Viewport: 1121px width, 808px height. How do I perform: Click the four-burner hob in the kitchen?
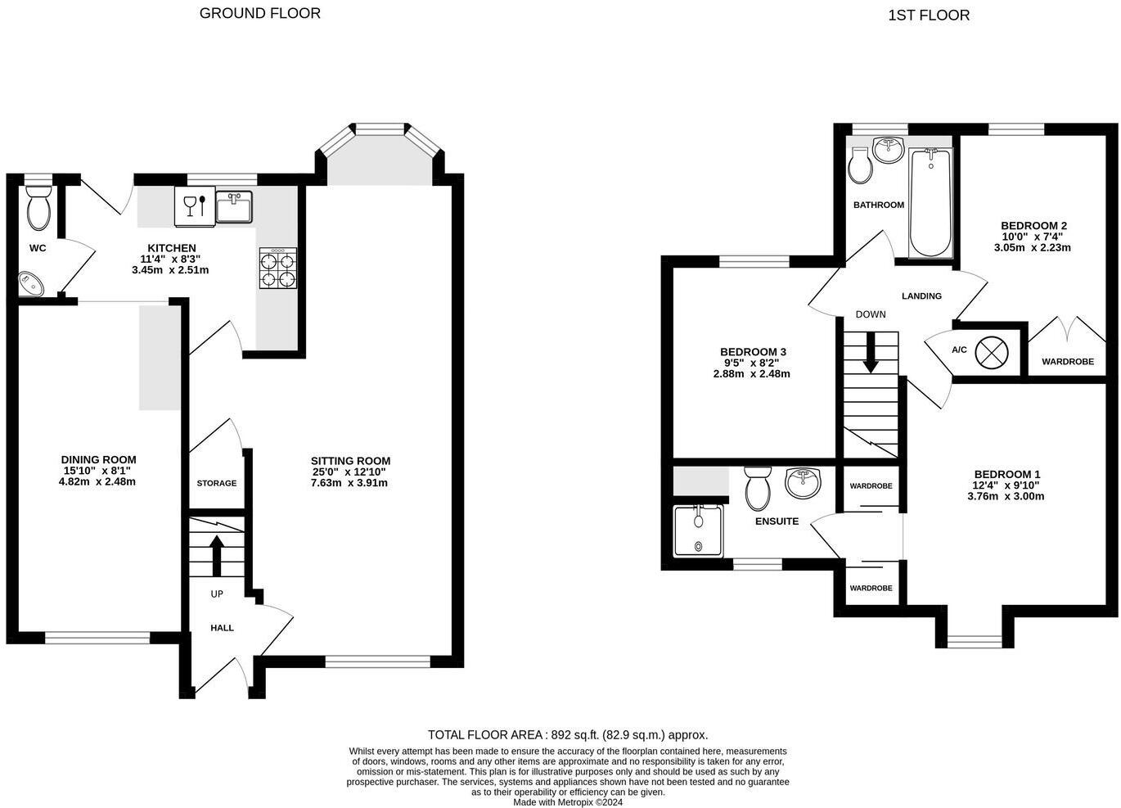point(277,268)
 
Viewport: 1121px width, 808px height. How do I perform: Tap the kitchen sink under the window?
point(234,206)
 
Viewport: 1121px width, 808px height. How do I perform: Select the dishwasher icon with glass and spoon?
point(195,206)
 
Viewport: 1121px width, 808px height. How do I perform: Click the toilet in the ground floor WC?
point(38,208)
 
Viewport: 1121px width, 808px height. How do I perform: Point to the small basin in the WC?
point(31,284)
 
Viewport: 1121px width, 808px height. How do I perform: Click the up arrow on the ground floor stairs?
point(217,555)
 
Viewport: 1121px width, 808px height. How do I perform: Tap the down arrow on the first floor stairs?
point(871,353)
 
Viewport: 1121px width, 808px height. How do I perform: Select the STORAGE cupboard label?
point(217,483)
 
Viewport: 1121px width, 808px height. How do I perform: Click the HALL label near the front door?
point(223,628)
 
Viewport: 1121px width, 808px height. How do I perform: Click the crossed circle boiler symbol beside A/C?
point(992,353)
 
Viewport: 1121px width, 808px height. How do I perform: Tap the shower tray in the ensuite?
point(699,530)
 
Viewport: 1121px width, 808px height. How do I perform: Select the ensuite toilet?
point(758,488)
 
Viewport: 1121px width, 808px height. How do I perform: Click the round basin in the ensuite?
point(804,482)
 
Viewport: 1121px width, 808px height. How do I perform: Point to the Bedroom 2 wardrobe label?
point(1068,362)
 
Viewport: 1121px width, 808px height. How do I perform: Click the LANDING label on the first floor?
point(922,296)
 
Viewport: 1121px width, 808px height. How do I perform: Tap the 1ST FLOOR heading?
point(929,16)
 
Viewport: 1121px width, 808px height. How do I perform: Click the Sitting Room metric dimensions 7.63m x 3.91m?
point(349,483)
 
